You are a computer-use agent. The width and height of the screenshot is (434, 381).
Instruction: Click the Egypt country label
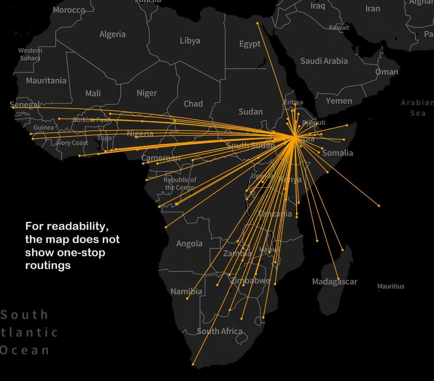tap(250, 44)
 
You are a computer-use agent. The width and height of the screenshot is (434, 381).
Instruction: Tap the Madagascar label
tap(334, 281)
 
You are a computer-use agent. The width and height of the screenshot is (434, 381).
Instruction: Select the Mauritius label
tap(391, 286)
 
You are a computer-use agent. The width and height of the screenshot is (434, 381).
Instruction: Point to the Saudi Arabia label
tap(324, 61)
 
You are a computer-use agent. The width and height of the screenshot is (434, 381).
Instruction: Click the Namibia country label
tap(186, 292)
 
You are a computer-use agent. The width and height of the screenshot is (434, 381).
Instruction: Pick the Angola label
tap(189, 243)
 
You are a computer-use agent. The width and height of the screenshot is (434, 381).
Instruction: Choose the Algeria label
tap(112, 34)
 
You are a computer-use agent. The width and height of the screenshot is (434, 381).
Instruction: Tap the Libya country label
tap(190, 41)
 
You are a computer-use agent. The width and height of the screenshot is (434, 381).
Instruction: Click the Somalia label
tap(337, 153)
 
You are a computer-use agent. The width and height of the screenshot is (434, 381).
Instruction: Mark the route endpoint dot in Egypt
tap(258, 23)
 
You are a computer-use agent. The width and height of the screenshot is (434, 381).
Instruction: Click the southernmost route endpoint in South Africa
tap(193, 364)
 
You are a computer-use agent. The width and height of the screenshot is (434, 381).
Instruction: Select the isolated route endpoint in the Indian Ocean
tap(379, 206)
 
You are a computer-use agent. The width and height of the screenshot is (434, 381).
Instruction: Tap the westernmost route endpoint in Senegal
tap(13, 107)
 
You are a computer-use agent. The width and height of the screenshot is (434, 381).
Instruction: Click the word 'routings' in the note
tap(48, 266)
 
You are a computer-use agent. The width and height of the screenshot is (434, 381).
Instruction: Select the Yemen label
tap(339, 101)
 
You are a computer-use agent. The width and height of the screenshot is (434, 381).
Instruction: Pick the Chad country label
tap(193, 103)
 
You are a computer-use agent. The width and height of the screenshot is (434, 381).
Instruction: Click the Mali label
tap(93, 93)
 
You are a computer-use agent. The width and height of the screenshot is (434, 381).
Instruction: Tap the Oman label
tap(386, 72)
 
